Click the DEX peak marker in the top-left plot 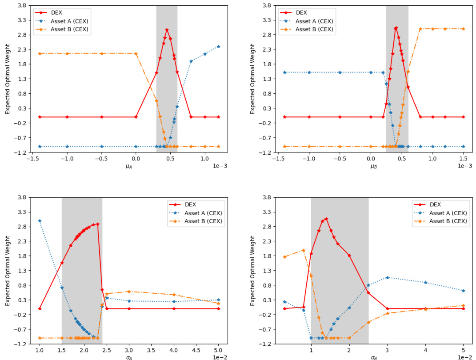pos(167,30)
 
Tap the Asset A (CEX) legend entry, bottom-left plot pos(204,213)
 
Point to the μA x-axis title pos(129,167)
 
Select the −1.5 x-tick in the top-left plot pos(32,158)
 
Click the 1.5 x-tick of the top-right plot pos(464,158)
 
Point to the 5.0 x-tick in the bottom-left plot pos(218,350)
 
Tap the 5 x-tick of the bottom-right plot pos(464,350)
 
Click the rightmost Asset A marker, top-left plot pos(218,46)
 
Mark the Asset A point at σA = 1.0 pos(40,221)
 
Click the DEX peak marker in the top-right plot pos(396,28)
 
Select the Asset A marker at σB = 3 pos(387,277)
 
